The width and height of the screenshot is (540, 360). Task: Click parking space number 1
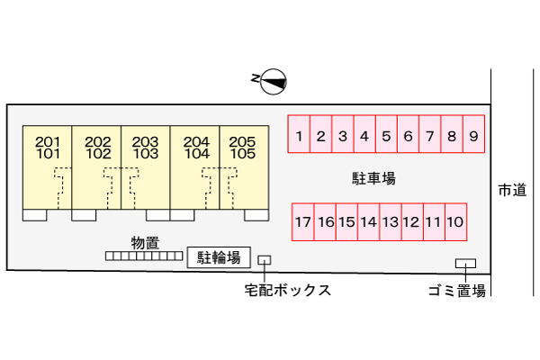pos(299,137)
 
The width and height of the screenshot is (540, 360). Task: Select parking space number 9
pos(473,137)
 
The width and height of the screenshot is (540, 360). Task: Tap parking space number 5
pos(386,137)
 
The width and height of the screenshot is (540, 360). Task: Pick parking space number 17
pos(302,221)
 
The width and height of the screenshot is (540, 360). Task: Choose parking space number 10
pos(455,221)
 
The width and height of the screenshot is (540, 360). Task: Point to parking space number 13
pos(390,221)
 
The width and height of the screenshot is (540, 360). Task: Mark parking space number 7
pos(430,137)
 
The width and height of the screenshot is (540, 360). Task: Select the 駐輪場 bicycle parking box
pos(219,258)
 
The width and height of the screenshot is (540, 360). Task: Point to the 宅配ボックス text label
pos(287,290)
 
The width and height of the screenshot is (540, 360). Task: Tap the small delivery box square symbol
pos(264,260)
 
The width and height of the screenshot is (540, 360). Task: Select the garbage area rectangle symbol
pos(465,264)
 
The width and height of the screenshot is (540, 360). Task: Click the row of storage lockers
pos(145,256)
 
